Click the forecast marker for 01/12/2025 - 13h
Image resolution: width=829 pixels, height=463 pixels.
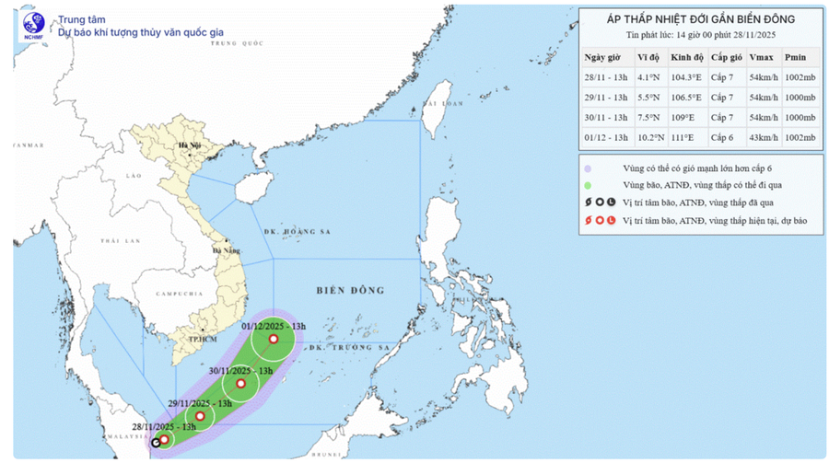[273, 340]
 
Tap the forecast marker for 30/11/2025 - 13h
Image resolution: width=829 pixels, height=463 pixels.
[240, 384]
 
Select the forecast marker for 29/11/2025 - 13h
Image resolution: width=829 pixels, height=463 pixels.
[200, 416]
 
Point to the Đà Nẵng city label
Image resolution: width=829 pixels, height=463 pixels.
[227, 249]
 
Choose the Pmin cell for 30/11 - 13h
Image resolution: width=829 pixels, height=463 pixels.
[800, 117]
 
